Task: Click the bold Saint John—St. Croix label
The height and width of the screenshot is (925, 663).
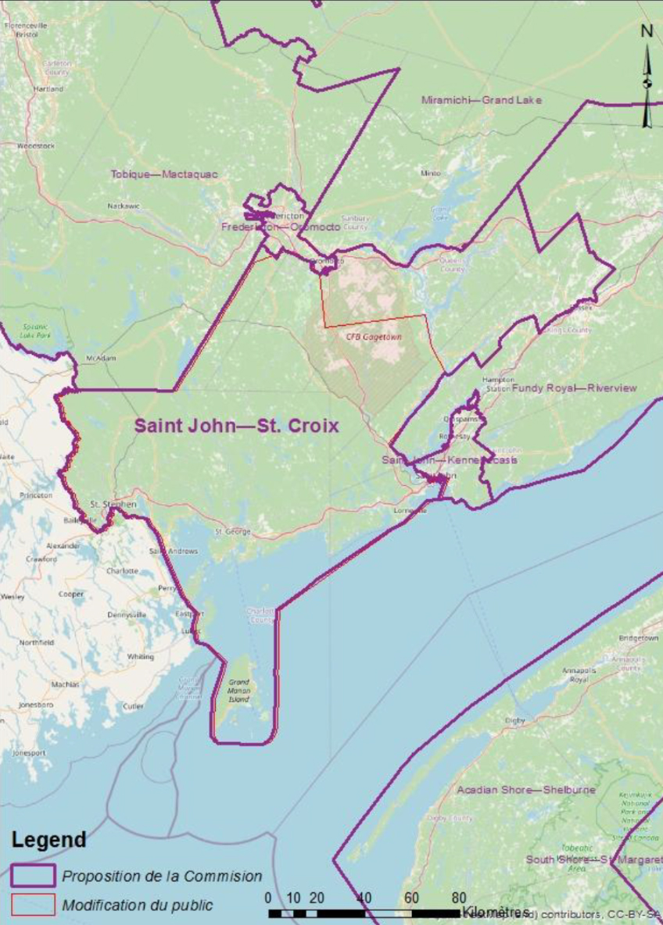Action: [x=236, y=427]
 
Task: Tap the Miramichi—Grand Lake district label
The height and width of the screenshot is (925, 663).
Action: [x=481, y=100]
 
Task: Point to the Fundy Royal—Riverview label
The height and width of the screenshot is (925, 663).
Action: [x=574, y=388]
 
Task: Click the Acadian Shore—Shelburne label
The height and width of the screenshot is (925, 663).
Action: [x=526, y=790]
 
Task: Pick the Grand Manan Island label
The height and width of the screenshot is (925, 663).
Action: [x=238, y=686]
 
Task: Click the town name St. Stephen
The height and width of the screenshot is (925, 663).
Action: [x=113, y=504]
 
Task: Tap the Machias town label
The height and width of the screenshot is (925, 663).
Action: [x=65, y=684]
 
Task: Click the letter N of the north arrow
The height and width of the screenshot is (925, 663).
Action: [x=647, y=31]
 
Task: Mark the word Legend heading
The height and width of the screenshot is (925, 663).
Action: [x=48, y=840]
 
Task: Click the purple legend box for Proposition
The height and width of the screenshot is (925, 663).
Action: [x=32, y=876]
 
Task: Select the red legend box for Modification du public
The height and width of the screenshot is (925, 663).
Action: [x=32, y=905]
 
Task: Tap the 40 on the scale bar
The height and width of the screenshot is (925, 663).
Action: [x=364, y=898]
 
